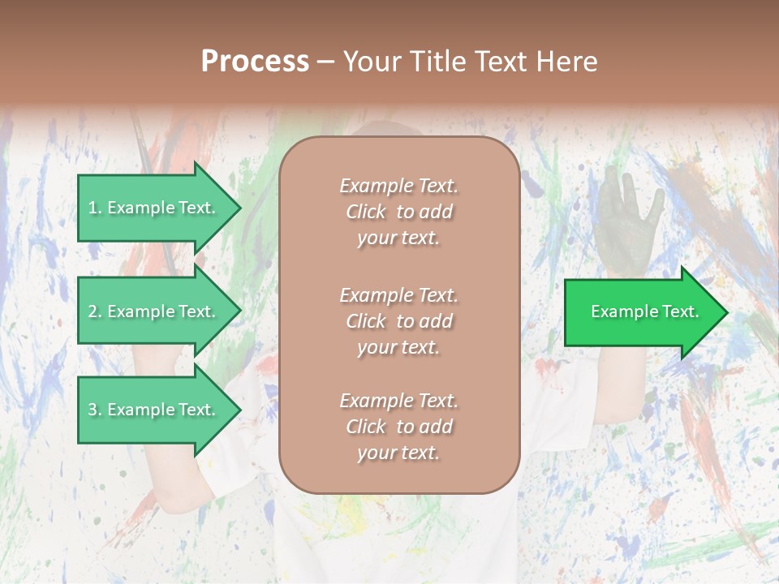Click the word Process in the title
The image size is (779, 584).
[x=255, y=61]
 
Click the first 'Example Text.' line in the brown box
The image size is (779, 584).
[x=398, y=186]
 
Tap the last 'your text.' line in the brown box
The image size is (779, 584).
[x=398, y=453]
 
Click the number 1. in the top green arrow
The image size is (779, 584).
[x=95, y=208]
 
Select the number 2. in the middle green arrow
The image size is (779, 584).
[x=95, y=311]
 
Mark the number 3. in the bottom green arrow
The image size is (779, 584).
[x=95, y=410]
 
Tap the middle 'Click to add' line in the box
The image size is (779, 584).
[x=398, y=321]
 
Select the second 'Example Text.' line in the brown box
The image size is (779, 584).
[x=398, y=295]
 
